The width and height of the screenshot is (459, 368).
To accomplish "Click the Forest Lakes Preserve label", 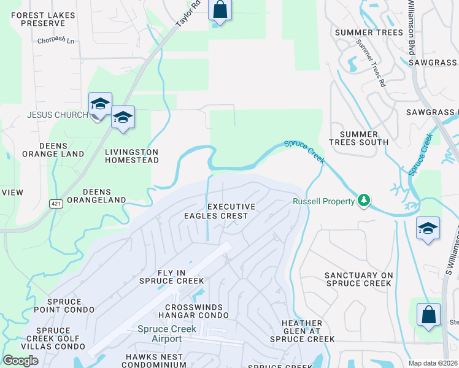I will point(43,19).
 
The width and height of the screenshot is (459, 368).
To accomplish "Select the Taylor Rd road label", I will point(188,14).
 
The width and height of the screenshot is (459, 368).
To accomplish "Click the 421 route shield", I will point(56,204).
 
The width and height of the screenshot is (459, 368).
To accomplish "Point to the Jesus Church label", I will point(58,115).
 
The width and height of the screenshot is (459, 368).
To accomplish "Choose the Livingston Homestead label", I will point(131,156).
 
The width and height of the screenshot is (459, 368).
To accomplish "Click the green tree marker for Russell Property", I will point(364,201).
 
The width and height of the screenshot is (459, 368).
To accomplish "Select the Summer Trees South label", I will point(359,138).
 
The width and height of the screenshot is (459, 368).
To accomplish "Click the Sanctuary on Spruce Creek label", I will point(358,279).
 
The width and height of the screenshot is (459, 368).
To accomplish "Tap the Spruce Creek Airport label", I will point(167,334).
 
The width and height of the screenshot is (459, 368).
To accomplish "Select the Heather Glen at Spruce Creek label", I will point(302,331).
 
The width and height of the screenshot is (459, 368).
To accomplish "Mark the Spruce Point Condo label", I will point(63,306).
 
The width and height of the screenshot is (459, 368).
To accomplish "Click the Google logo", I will point(20,361).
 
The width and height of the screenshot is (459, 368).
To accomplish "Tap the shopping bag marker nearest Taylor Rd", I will point(220,11).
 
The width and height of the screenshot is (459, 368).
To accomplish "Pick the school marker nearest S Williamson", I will point(428,229).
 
